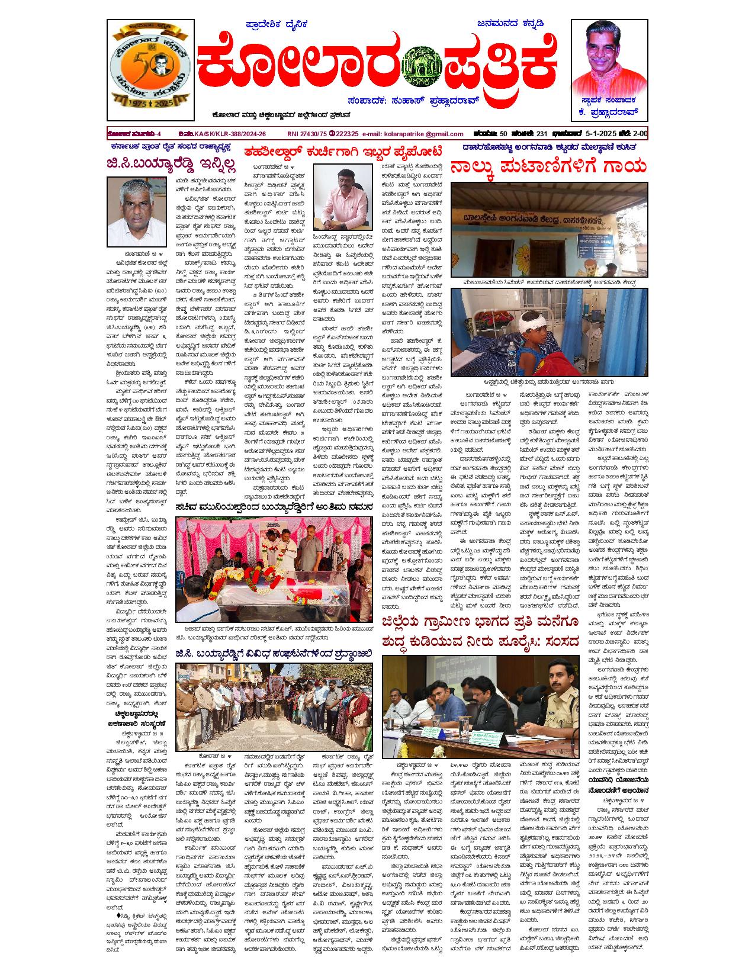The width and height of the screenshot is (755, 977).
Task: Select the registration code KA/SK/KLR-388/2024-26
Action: point(231,134)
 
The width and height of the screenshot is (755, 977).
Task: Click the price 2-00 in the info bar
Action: point(637,134)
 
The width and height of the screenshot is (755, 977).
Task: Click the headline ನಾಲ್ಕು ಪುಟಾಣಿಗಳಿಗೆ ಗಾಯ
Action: point(548,167)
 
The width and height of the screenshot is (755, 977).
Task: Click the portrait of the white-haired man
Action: point(128,211)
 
